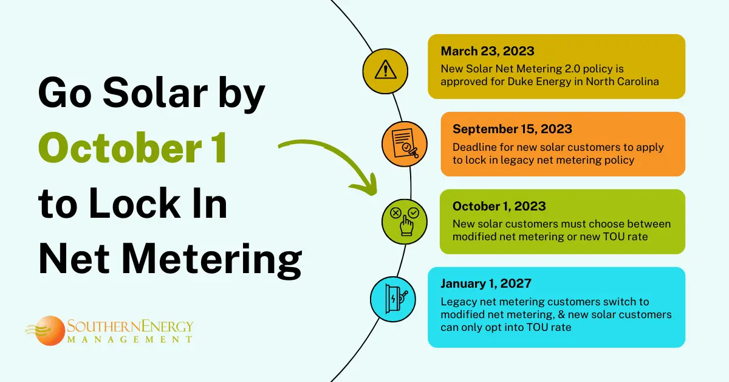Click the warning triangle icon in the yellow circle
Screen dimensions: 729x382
click(385, 69)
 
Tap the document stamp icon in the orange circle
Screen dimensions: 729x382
click(405, 144)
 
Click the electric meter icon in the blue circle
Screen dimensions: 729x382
click(395, 299)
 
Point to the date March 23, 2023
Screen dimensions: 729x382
click(487, 51)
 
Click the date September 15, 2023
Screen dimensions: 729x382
click(512, 129)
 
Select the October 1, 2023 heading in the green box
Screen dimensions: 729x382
click(499, 206)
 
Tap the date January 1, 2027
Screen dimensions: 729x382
click(486, 283)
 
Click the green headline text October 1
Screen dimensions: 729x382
click(132, 147)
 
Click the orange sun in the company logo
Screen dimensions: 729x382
click(49, 330)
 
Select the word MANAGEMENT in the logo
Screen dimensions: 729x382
click(130, 339)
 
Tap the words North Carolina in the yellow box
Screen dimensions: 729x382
click(622, 82)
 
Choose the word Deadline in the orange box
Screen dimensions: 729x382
click(474, 147)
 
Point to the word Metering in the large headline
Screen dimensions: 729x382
click(211, 260)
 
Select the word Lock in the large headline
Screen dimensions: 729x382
click(134, 203)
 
